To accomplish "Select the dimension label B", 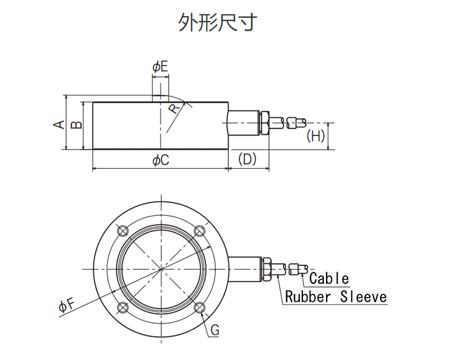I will click(75, 124).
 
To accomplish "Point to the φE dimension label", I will click(160, 67).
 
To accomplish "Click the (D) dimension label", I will click(247, 159).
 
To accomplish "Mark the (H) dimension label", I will click(316, 137).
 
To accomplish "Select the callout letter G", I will click(215, 330).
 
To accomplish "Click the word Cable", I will click(329, 279).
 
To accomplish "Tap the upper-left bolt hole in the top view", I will click(122, 230).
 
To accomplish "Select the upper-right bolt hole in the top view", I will click(199, 230).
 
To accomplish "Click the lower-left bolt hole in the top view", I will click(122, 307).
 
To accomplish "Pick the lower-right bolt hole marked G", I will click(199, 307).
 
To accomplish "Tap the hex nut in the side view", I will click(264, 123).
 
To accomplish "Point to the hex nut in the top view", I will click(268, 269).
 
